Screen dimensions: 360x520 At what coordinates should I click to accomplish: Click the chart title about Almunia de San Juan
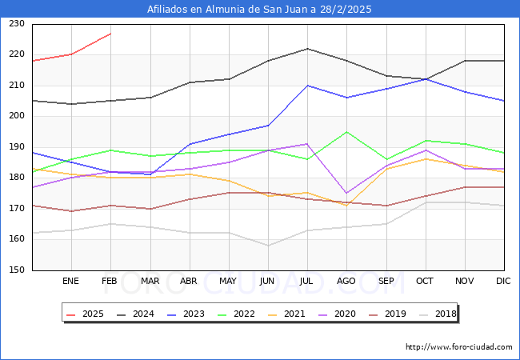(x=259, y=10)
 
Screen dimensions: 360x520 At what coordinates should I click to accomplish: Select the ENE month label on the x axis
(x=71, y=282)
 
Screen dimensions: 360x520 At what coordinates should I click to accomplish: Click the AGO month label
(x=346, y=282)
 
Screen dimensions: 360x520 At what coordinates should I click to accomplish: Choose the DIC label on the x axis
(x=503, y=282)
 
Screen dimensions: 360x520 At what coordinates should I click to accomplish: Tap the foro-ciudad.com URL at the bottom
(x=458, y=347)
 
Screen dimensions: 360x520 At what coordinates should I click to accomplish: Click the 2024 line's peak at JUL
(x=307, y=49)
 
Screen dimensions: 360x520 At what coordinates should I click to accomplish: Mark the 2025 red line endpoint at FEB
(x=110, y=34)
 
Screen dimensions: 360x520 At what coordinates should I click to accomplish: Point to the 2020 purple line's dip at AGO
(x=346, y=194)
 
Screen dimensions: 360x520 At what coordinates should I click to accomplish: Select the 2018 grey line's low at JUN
(x=268, y=246)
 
